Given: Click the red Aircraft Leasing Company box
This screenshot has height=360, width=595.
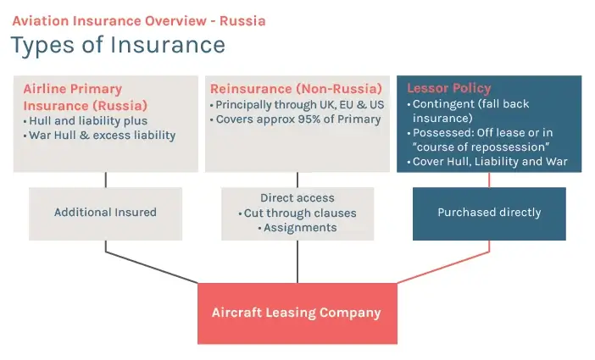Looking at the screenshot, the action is (x=297, y=313).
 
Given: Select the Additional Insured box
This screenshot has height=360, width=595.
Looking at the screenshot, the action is (x=105, y=213).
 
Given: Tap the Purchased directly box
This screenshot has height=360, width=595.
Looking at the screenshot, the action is (x=489, y=213).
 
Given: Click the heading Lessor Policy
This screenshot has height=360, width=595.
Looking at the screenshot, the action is (x=449, y=88).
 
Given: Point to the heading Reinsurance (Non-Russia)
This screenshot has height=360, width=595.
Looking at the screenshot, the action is (x=296, y=89).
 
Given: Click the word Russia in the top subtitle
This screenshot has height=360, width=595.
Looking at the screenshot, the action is (x=242, y=21).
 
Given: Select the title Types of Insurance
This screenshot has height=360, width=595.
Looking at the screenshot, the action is (x=118, y=45).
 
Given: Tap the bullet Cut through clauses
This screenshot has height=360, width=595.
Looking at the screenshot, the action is (x=297, y=213).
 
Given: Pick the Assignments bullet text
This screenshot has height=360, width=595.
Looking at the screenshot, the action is (x=297, y=228).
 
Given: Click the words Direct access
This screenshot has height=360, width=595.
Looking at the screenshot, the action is (x=297, y=197).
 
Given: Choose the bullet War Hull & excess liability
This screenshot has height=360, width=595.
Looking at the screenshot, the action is (x=99, y=136).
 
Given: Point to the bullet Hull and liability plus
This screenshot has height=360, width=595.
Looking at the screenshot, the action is (x=86, y=121).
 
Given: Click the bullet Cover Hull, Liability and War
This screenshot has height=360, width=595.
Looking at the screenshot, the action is (x=487, y=162).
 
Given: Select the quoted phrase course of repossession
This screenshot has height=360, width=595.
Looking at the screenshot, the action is (x=481, y=147).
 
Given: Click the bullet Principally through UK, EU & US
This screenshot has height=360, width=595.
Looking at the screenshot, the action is (x=297, y=105).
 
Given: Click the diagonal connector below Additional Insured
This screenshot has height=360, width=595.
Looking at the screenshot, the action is (x=152, y=267).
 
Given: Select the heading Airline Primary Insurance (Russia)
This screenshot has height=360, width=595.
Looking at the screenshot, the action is (x=86, y=97).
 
